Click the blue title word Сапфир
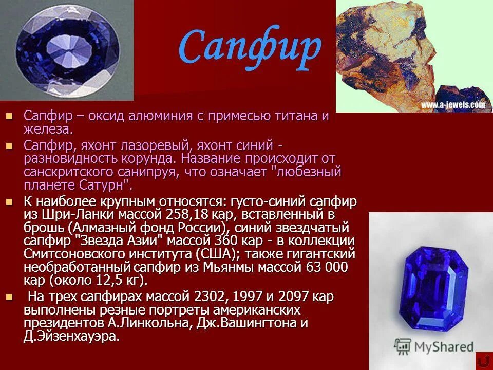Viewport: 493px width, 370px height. (x=250, y=48)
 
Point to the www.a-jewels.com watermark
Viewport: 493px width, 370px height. (x=452, y=105)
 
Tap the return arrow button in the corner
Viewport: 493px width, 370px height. (x=483, y=361)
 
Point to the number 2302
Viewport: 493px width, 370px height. (x=212, y=297)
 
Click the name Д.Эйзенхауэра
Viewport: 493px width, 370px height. (x=71, y=337)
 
